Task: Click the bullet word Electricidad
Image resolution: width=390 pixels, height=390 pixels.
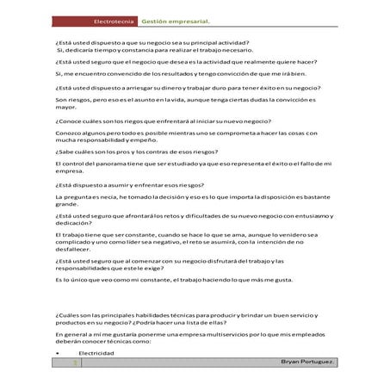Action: tap(96, 353)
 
